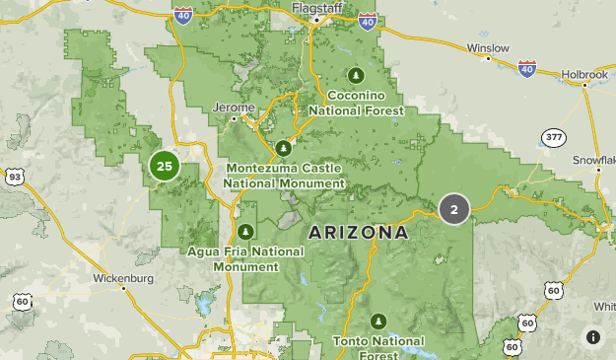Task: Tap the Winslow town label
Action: point(489,47)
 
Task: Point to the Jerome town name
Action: point(234,107)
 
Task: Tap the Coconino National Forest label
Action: point(356,103)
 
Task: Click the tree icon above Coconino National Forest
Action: point(355,75)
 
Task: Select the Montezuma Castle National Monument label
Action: point(284,176)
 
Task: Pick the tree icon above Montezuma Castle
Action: point(284,148)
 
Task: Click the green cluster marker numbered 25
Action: point(164,166)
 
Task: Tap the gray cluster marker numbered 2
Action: point(453,209)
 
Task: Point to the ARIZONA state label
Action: point(358,233)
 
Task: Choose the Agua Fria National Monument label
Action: point(245,258)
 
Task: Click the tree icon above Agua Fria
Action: point(245,231)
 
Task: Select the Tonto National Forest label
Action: point(378,347)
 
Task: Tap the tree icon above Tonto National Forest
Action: point(378,321)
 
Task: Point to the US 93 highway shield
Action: point(13,176)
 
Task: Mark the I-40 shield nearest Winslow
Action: point(526,68)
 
